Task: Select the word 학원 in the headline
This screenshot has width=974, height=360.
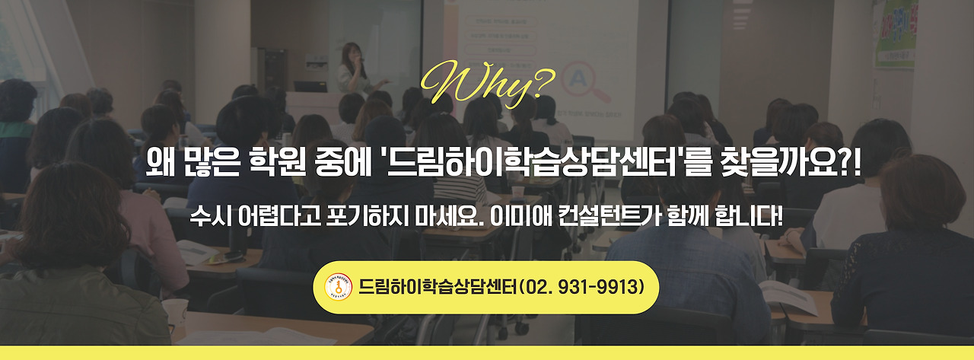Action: pos(286,163)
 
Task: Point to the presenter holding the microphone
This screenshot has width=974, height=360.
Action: pos(352,68)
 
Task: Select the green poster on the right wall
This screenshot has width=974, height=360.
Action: pos(895,34)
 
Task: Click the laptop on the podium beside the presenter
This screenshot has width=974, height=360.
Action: pos(310,86)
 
